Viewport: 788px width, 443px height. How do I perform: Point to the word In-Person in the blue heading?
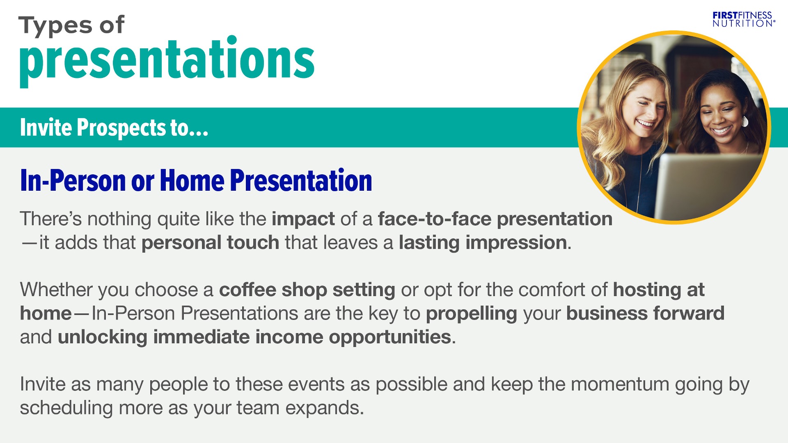tap(73, 180)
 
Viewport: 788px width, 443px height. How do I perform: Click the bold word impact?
tap(303, 219)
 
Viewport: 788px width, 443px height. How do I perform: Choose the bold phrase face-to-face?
tap(434, 219)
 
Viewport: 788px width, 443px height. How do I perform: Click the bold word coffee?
tap(247, 290)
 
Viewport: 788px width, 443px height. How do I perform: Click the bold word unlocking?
tap(102, 338)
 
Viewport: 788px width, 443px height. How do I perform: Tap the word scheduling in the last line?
tap(66, 409)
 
